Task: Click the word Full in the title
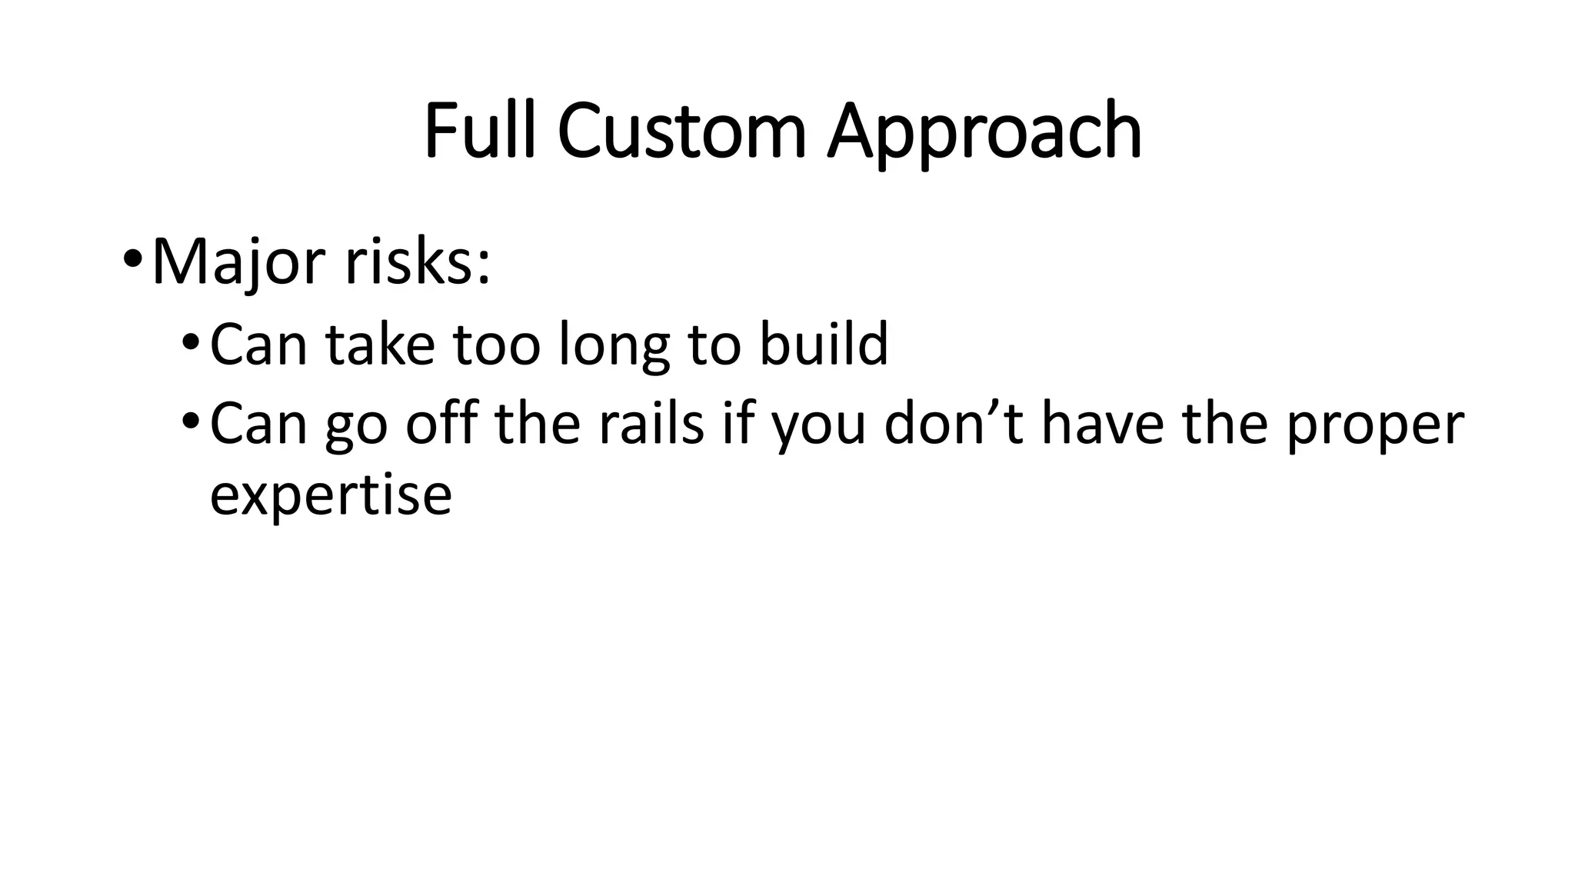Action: (x=478, y=132)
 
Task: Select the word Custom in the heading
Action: (x=681, y=132)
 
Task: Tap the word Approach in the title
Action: (x=984, y=135)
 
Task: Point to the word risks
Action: (x=408, y=262)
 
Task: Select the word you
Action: (x=818, y=427)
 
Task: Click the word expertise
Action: (x=331, y=497)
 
